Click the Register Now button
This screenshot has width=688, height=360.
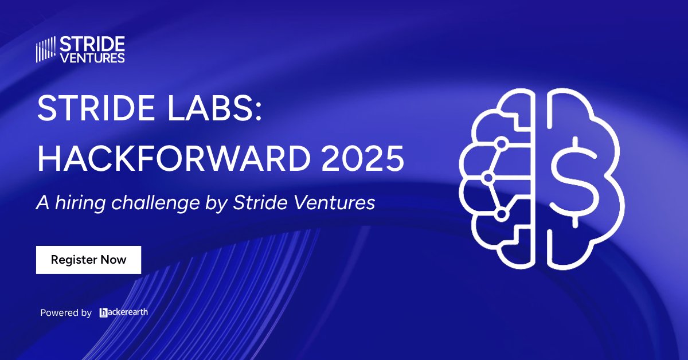pos(88,260)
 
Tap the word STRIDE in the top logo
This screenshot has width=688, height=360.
pos(92,44)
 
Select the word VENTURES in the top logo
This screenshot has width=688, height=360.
pos(92,57)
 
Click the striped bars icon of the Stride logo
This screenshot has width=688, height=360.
pos(46,49)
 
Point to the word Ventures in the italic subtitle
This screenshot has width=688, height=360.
pos(333,203)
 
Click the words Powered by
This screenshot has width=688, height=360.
pos(66,313)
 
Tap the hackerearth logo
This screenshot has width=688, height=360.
pos(123,312)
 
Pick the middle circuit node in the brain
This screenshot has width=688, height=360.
pos(488,178)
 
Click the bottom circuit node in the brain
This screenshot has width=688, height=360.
pos(502,214)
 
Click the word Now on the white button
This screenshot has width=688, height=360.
pos(114,260)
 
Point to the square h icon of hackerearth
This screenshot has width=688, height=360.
pos(104,312)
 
